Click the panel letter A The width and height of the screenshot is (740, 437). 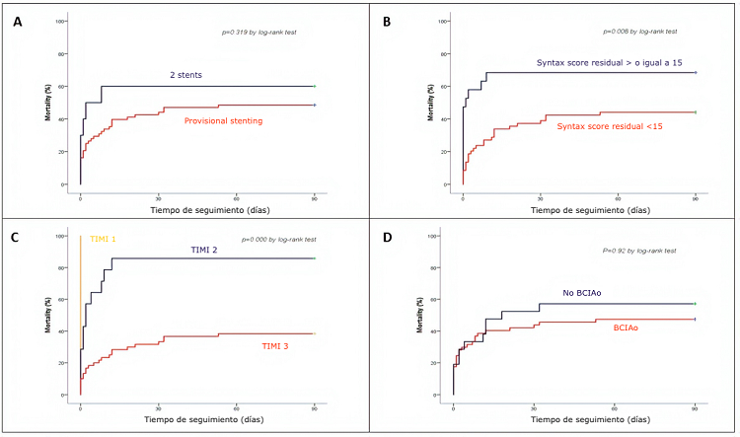pos(18,21)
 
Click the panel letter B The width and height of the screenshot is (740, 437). pos(387,21)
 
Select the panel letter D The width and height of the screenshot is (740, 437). pos(387,238)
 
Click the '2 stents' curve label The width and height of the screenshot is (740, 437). pos(185,74)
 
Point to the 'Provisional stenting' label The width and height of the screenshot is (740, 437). pos(224,119)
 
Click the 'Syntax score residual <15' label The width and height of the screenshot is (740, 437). pos(612,126)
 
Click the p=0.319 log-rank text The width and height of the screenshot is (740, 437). pos(259,33)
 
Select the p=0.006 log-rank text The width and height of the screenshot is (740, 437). pos(641,33)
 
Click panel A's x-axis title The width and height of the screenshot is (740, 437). pos(196,210)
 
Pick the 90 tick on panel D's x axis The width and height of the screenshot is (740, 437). pos(695,405)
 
